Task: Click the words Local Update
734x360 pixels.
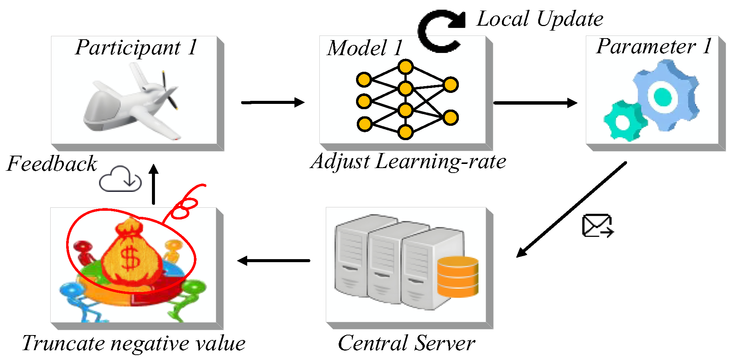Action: pyautogui.click(x=540, y=19)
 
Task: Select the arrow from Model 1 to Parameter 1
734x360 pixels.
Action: pyautogui.click(x=535, y=102)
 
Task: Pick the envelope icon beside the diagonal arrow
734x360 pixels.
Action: pyautogui.click(x=597, y=226)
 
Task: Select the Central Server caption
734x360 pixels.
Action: pyautogui.click(x=406, y=343)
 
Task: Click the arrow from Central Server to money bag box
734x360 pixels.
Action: pyautogui.click(x=274, y=261)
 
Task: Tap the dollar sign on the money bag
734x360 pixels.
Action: pyautogui.click(x=131, y=258)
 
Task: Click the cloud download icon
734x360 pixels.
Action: pyautogui.click(x=120, y=179)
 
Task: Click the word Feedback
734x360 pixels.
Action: pyautogui.click(x=52, y=164)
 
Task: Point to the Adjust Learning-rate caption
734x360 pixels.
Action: pyautogui.click(x=408, y=162)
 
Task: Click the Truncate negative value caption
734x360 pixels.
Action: pyautogui.click(x=134, y=343)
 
